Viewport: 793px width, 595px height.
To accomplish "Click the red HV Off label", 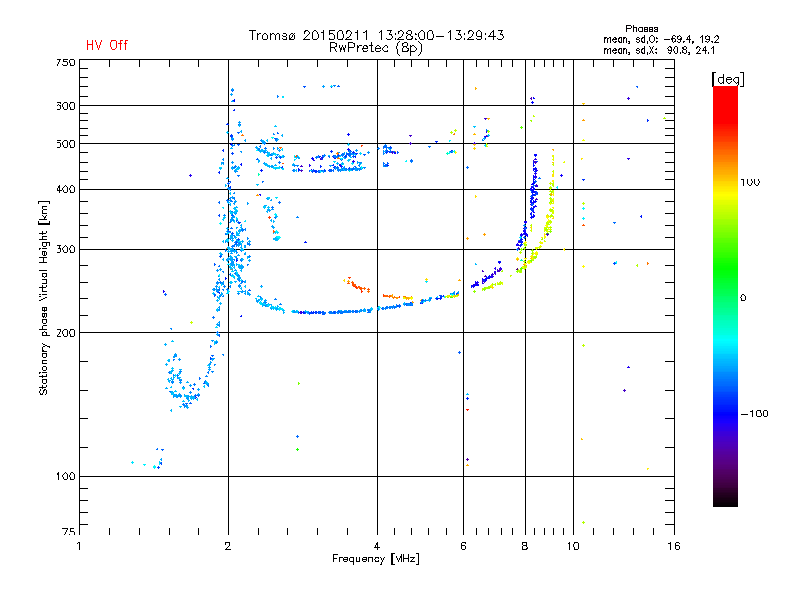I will click(107, 45).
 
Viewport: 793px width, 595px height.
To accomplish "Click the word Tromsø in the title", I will click(274, 35).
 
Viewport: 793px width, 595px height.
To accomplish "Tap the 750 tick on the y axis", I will click(65, 62).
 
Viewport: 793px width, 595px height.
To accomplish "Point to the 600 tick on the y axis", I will click(65, 106).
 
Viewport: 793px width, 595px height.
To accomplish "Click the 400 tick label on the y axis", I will click(65, 190).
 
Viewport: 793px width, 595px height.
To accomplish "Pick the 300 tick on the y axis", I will click(65, 250).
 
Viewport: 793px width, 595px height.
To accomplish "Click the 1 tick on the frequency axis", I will click(79, 546).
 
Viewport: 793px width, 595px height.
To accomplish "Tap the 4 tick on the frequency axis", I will click(378, 546).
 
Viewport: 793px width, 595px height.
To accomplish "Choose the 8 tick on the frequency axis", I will click(525, 546).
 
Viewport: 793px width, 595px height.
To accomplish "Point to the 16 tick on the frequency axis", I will click(673, 546).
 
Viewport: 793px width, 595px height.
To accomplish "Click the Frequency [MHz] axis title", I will click(376, 560).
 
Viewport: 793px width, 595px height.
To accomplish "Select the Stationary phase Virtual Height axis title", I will click(44, 297).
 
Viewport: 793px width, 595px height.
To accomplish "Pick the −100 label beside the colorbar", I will click(755, 414).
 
